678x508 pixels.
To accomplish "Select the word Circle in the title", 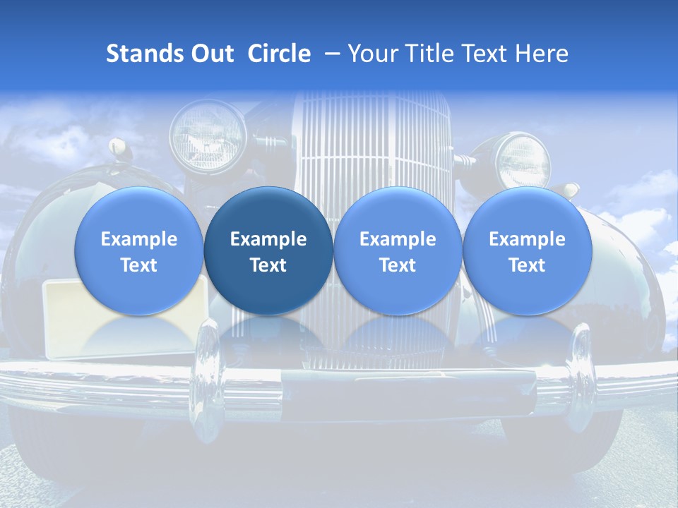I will coord(279,54).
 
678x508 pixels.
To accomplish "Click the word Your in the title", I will coord(373,54).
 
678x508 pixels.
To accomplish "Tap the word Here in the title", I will coord(542,54).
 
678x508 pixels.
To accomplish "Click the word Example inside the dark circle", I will coord(268,239).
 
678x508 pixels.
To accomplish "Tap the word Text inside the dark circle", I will coord(268,265).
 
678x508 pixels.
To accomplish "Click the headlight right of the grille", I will coord(523,161).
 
